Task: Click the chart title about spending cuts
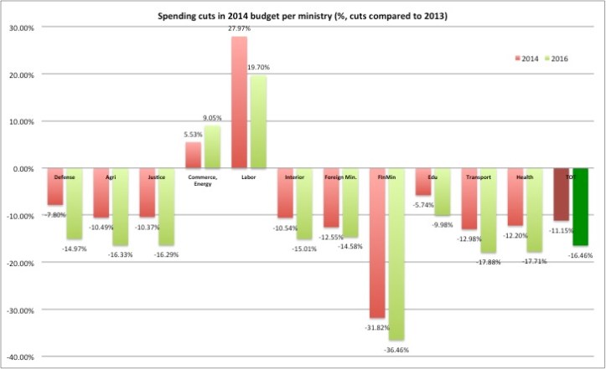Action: point(303,15)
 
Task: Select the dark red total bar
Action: point(562,194)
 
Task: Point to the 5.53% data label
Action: point(193,134)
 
